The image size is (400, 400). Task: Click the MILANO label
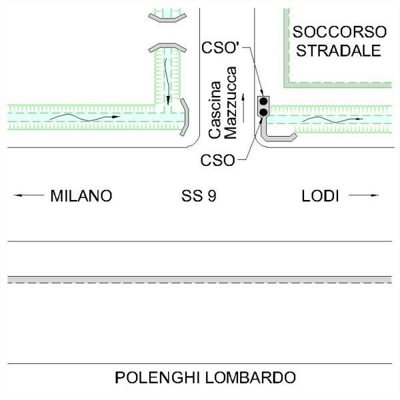click(x=81, y=196)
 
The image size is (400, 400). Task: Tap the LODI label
click(x=320, y=196)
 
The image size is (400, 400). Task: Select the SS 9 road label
click(x=199, y=196)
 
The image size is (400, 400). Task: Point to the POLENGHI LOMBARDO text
click(x=205, y=377)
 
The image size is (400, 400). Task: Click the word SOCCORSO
click(x=339, y=32)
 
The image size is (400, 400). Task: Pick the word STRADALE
click(x=339, y=51)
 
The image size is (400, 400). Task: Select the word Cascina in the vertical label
click(x=215, y=110)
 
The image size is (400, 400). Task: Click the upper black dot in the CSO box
click(x=263, y=101)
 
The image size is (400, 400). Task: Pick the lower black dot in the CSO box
click(x=263, y=113)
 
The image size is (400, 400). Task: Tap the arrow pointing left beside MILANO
click(x=27, y=196)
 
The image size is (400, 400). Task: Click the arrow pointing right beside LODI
click(x=366, y=196)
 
